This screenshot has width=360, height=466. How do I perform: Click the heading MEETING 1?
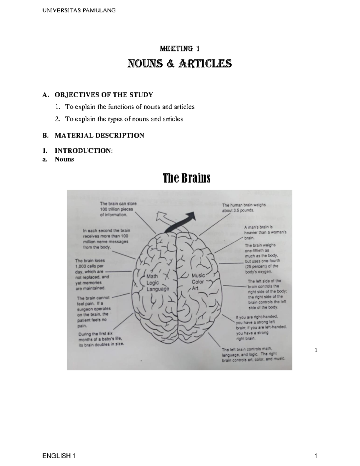180,49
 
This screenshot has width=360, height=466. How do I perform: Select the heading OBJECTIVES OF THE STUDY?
103,95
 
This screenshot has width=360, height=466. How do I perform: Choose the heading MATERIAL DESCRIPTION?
99,135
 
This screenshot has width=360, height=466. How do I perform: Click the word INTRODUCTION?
83,151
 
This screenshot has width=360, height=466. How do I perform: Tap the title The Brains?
186,178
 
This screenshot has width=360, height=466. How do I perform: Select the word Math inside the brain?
152,276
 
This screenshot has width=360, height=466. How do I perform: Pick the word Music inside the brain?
198,275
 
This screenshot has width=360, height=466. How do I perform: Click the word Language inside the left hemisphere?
158,289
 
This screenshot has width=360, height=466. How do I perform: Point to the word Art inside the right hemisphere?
195,288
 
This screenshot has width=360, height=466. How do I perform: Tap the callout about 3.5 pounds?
244,208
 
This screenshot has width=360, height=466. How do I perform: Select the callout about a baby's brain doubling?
101,339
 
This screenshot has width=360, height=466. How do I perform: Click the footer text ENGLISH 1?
59,456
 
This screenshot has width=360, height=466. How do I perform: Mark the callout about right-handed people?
261,327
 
